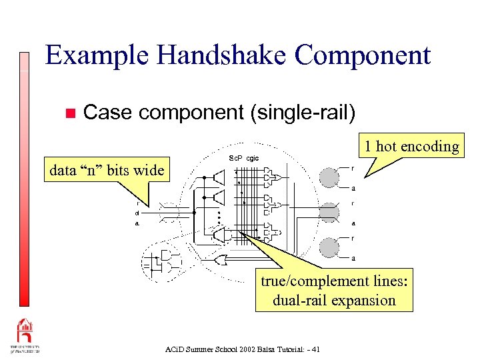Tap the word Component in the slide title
363,55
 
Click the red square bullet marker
67,113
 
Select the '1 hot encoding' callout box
411,146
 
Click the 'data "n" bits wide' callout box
107,170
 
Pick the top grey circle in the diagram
329,177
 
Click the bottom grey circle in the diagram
329,247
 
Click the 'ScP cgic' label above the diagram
243,158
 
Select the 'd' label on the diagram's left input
137,213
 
